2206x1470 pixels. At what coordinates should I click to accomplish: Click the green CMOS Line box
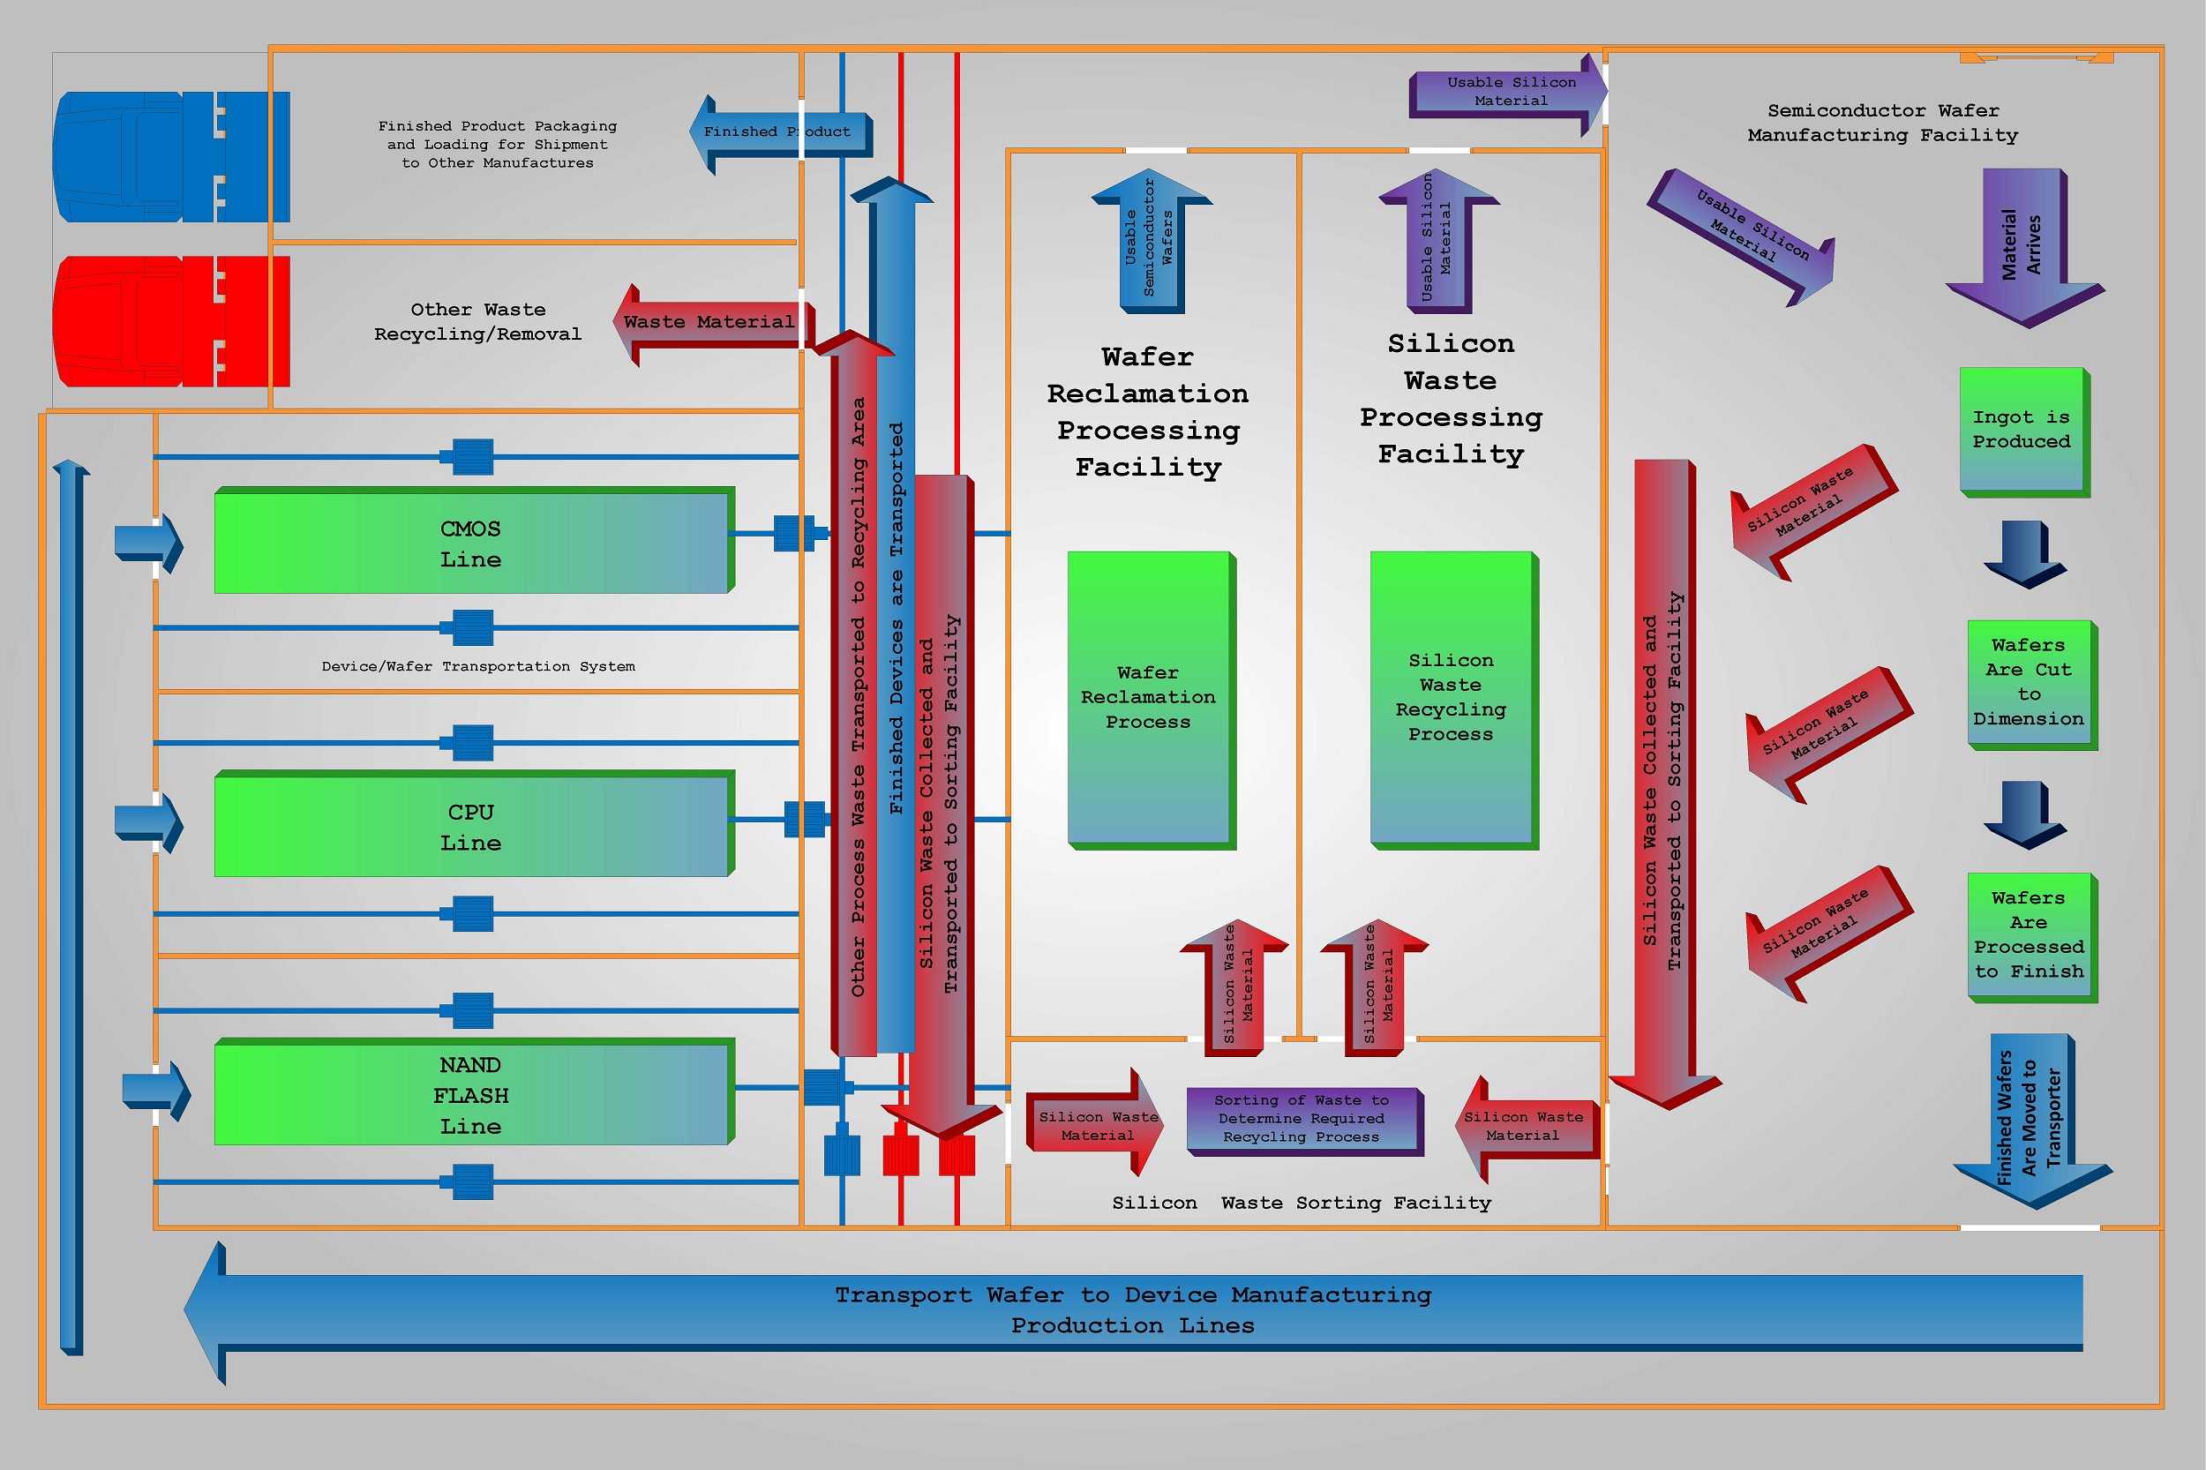(x=470, y=543)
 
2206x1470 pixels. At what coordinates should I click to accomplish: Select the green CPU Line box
(x=470, y=826)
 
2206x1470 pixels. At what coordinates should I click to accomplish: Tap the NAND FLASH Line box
(x=470, y=1094)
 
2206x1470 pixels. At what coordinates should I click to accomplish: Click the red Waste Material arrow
(x=710, y=324)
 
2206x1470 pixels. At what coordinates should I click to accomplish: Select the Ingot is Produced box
(x=2022, y=431)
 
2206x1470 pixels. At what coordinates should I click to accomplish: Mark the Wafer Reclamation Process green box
(x=1149, y=699)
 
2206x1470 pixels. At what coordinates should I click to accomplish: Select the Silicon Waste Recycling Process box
(x=1451, y=699)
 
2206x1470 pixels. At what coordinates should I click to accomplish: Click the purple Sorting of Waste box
(x=1302, y=1120)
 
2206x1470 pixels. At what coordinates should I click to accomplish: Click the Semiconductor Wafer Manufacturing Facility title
(x=1882, y=123)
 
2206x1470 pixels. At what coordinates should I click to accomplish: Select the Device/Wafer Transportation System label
(x=478, y=666)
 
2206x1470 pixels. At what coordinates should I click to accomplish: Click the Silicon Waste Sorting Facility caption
(x=1302, y=1203)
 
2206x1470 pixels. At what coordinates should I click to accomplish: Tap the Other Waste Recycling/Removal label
(x=478, y=321)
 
